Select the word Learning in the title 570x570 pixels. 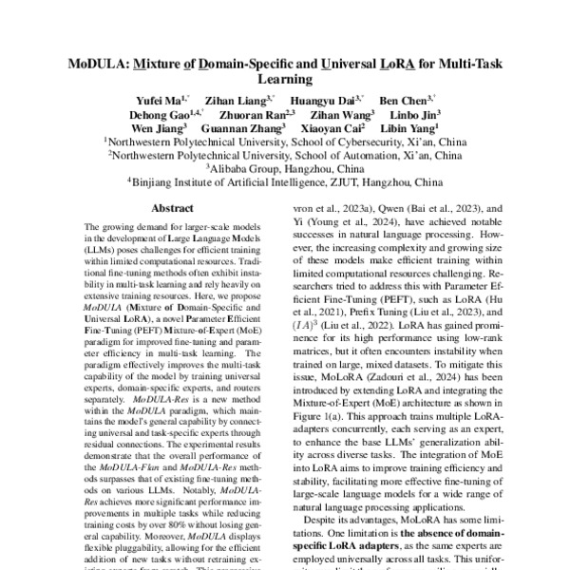click(x=285, y=83)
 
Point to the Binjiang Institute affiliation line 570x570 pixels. click(x=285, y=179)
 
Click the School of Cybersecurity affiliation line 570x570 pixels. click(x=285, y=139)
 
